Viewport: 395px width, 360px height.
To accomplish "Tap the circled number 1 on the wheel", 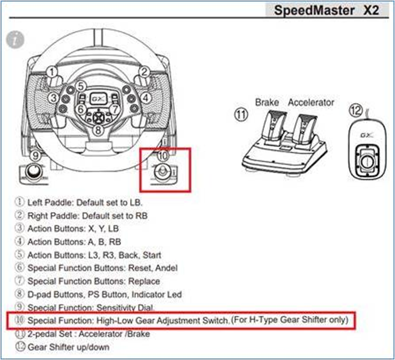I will (x=52, y=72).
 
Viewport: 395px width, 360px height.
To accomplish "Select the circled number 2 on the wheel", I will (x=144, y=72).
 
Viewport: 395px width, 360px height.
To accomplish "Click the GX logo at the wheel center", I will (x=98, y=96).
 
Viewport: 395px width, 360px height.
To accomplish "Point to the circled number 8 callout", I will (x=98, y=130).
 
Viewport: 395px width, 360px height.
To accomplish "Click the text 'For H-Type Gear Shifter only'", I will (x=290, y=320).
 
